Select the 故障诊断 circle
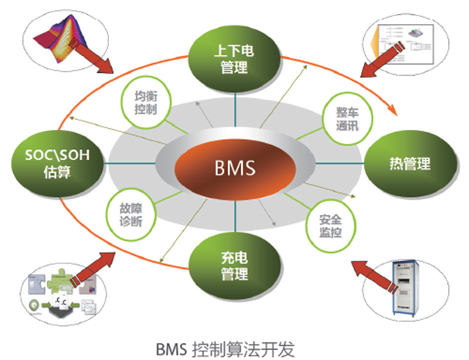[x=131, y=213]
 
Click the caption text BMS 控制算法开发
[x=231, y=345]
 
